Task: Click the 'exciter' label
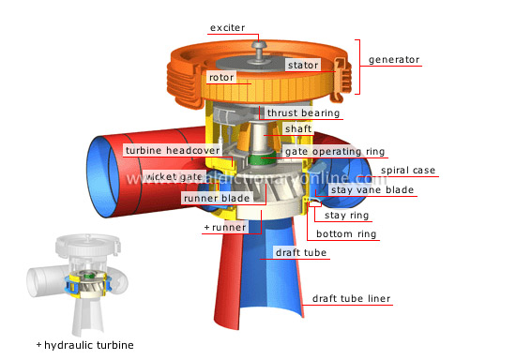[227, 28]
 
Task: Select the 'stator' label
[303, 65]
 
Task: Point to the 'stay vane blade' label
[374, 190]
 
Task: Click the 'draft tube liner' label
[351, 299]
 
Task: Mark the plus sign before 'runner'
[206, 227]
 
